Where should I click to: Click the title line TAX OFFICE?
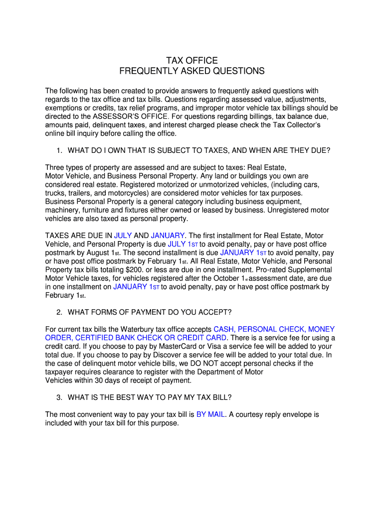pyautogui.click(x=192, y=61)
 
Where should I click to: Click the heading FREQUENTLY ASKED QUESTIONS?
pyautogui.click(x=192, y=71)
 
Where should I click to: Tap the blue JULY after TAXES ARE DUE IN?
pyautogui.click(x=123, y=235)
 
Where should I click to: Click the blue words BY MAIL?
pyautogui.click(x=210, y=414)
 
